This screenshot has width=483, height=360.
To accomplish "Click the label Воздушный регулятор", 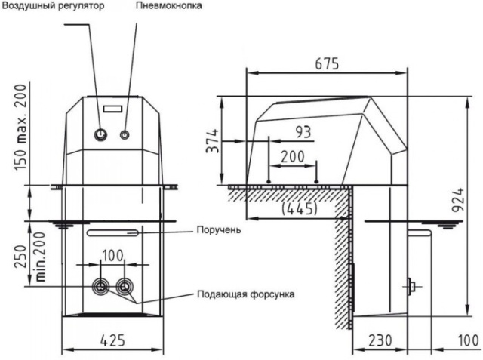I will tap(51, 6).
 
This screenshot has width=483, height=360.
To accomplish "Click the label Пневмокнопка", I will tap(170, 6).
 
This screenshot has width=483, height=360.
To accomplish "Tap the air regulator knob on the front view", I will tap(100, 134).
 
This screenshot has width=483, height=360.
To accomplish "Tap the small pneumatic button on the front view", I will tap(125, 135).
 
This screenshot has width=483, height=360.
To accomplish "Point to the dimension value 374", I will tap(214, 140).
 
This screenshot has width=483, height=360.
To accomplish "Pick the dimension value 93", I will tap(303, 131).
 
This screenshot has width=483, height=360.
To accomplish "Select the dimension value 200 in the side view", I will tap(293, 155).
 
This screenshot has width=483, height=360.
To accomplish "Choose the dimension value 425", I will tap(112, 340).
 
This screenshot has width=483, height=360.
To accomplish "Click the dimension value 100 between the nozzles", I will tap(112, 255).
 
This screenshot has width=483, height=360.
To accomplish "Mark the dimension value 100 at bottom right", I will tap(467, 340).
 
